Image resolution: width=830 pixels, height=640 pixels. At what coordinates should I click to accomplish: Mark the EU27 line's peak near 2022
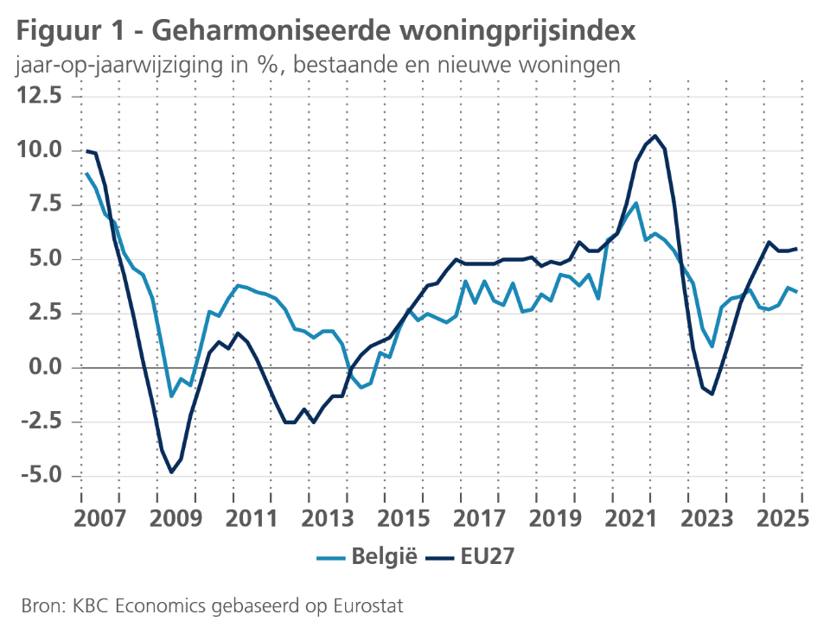tap(655, 136)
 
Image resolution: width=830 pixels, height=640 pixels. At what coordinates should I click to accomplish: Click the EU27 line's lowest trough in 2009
tap(171, 472)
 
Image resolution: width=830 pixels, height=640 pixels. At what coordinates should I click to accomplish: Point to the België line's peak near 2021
tap(635, 203)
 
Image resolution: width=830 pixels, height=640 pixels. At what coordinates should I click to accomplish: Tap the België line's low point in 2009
tap(171, 396)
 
